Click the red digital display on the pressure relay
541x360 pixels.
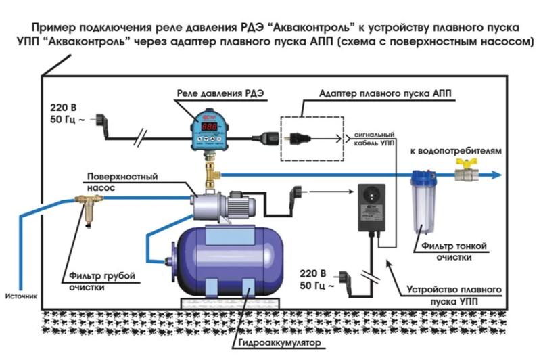[210, 126]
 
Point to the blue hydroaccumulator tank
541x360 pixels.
[223, 260]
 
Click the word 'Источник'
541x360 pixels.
[22, 296]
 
